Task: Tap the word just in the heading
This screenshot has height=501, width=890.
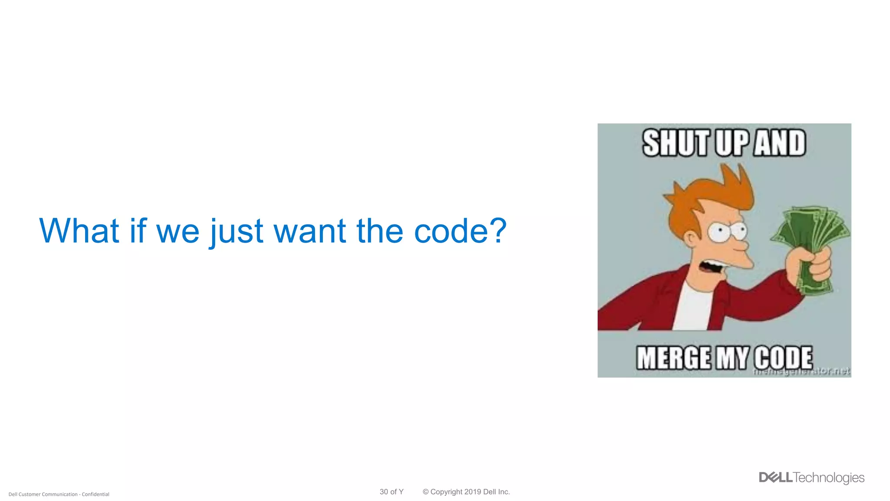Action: click(237, 231)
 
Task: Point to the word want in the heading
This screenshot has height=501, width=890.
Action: click(309, 231)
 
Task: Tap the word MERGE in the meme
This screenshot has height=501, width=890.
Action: click(673, 358)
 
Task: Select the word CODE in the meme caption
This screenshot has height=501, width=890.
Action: click(783, 358)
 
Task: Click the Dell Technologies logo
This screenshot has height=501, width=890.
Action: click(811, 478)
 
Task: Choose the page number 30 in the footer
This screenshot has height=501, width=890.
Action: click(384, 492)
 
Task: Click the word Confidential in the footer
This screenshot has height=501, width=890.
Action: click(96, 494)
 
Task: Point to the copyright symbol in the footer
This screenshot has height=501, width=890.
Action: click(425, 492)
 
